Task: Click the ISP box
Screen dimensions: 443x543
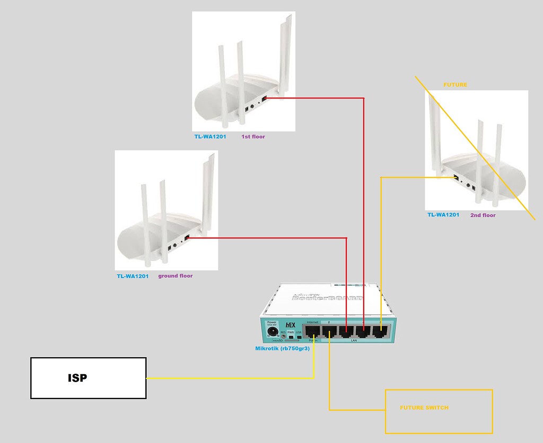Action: pos(88,378)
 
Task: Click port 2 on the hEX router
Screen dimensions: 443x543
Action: pos(329,332)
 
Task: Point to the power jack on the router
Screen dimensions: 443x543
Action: pos(273,332)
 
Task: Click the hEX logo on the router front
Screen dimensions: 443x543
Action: pos(291,324)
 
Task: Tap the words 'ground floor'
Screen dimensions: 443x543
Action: pos(176,276)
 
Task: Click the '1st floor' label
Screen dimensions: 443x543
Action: pos(253,137)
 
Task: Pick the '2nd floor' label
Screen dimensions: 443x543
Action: pos(483,215)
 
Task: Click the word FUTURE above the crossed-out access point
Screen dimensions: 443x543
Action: pos(456,85)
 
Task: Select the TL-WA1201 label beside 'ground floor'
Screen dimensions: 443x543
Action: pos(133,276)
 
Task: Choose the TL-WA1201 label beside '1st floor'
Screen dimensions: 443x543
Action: pos(209,137)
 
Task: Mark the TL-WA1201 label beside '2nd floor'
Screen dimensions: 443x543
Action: pos(443,215)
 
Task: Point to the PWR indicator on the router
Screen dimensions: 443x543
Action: pos(291,332)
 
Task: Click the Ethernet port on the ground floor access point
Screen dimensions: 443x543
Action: pos(187,238)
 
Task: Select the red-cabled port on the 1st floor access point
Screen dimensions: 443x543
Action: pos(264,98)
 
